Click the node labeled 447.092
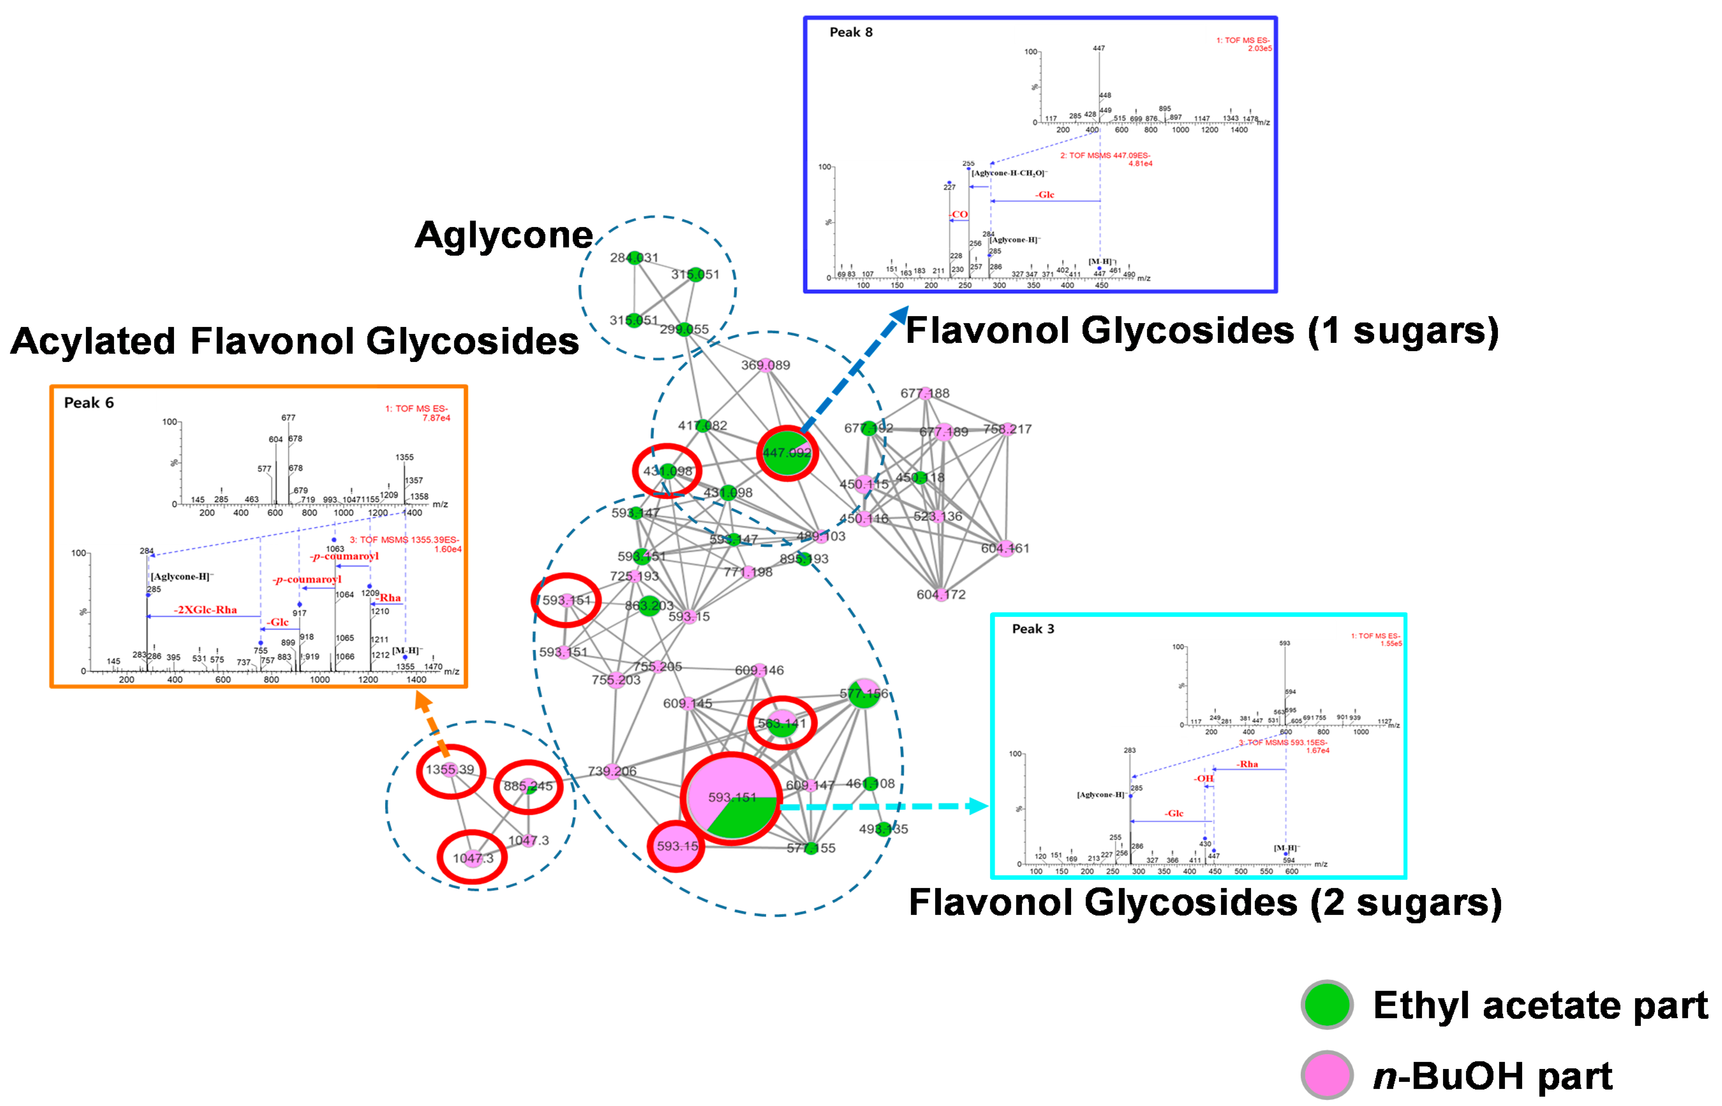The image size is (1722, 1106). coord(787,453)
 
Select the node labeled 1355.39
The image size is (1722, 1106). coord(450,770)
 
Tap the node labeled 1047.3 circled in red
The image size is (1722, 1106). coord(473,858)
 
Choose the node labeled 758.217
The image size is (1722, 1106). coord(1007,429)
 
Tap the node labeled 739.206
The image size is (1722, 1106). coord(612,771)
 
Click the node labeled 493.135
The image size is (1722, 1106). coord(884,829)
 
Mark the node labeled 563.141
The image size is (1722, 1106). coord(782,723)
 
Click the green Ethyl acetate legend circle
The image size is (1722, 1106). coord(1327,1005)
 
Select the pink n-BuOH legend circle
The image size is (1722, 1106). coord(1327,1075)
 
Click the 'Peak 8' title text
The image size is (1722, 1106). coord(850,32)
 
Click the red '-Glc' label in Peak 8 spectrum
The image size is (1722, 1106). coord(1044,195)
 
